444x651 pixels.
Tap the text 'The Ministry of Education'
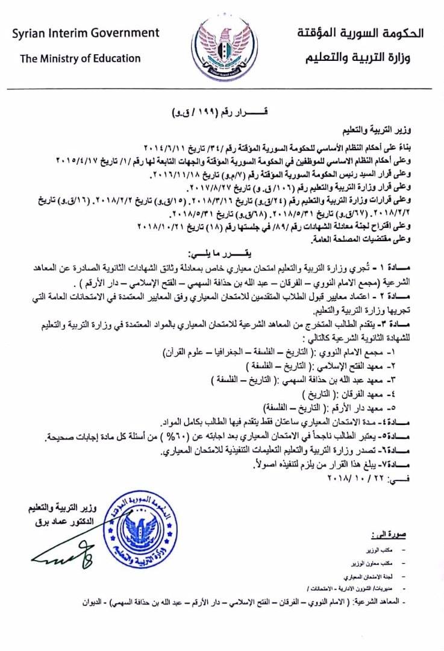coord(80,58)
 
